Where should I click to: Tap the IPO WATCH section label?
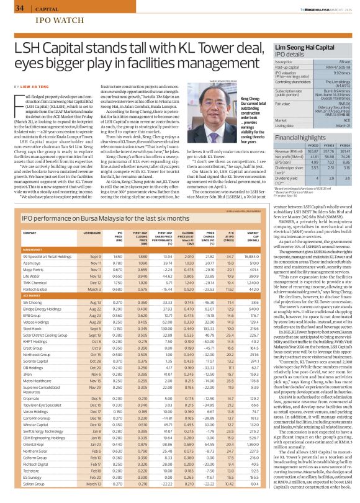tap(41, 20)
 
